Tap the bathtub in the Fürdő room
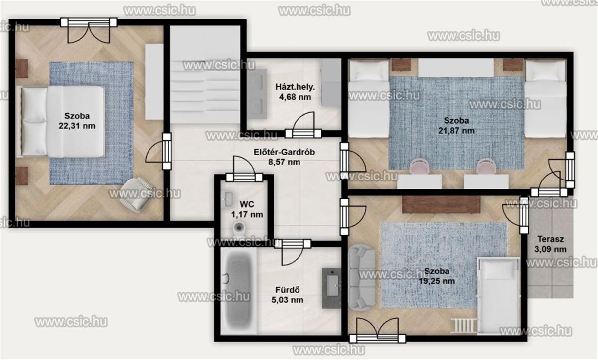click(239, 290)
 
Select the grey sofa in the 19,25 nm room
click(362, 278)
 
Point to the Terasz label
click(551, 239)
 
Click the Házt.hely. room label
click(295, 87)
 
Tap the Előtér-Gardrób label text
click(284, 152)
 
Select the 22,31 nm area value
click(77, 126)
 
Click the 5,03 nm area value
click(287, 300)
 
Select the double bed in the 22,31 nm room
click(61, 122)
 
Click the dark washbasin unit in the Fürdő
click(331, 288)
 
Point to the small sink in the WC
click(227, 199)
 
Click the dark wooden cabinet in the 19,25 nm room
click(442, 205)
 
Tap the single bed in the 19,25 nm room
click(498, 296)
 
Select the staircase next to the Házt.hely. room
click(205, 75)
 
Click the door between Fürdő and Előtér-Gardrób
click(293, 252)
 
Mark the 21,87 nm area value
click(456, 131)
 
